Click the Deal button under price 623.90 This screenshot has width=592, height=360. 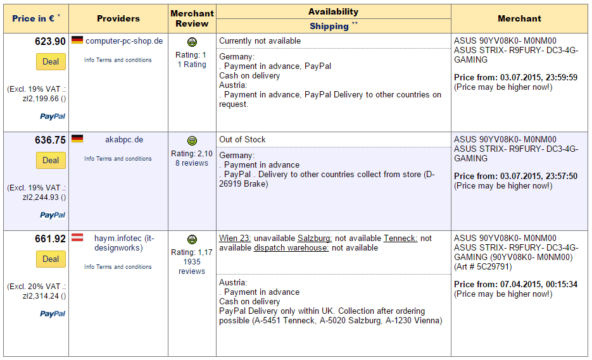coord(51,61)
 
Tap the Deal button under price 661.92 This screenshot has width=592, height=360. coord(51,259)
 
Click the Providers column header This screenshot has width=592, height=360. coord(118,18)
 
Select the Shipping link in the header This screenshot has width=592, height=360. coord(329,26)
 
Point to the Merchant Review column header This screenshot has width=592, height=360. coord(192,18)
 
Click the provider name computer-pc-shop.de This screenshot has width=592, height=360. coord(124,40)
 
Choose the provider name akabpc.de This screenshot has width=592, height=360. coord(124,139)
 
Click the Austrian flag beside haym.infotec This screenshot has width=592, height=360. coord(77,238)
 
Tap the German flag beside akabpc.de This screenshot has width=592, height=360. coord(77,139)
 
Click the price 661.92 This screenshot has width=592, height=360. coord(50,239)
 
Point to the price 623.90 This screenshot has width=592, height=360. coord(50,41)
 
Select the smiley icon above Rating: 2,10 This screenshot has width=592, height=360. coord(192,140)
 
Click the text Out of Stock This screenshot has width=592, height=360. coord(242,139)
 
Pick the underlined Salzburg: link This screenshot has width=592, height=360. coord(315,238)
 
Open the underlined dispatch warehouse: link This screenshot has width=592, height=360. coord(291,247)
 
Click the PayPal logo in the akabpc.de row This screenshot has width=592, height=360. coord(53,215)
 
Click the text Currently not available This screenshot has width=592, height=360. coord(260,40)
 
